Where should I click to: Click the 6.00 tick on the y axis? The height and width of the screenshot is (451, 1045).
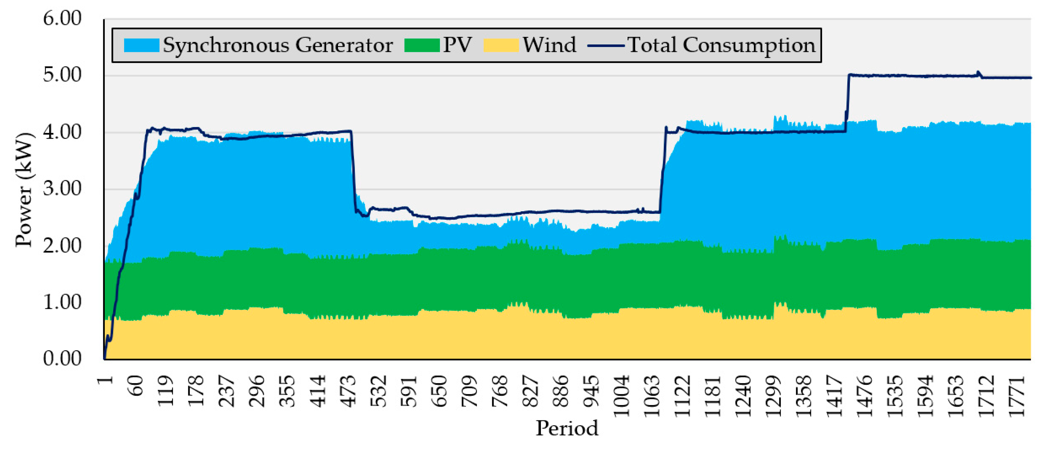tap(62, 19)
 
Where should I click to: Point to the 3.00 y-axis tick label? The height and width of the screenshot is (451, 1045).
tap(62, 189)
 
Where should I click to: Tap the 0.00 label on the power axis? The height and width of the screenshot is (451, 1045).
tap(62, 359)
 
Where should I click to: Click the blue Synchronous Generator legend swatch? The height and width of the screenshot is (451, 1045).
tap(141, 45)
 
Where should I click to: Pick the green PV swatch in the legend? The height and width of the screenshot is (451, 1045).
tap(422, 45)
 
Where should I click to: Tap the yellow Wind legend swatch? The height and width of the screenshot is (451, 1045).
tap(501, 45)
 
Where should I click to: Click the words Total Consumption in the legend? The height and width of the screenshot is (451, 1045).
tap(721, 45)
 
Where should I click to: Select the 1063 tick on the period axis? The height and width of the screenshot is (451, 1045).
tap(652, 396)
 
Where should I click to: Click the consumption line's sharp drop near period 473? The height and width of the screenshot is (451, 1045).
tap(353, 171)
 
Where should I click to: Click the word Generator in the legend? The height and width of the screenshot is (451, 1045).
tap(344, 45)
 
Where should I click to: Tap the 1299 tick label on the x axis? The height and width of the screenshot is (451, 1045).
tap(774, 396)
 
